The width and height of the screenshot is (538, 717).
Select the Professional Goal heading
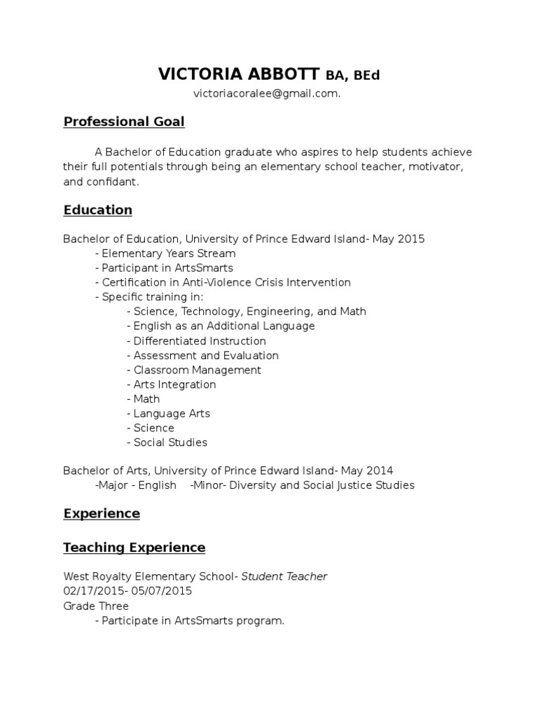coord(124,122)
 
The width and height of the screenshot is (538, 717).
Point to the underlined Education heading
coord(97,210)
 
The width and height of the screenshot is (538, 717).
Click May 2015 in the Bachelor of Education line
coord(399,239)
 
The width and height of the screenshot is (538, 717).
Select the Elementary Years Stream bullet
coord(168,253)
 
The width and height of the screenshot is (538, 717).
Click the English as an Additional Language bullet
coord(223,326)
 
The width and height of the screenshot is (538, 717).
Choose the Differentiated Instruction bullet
coord(200,341)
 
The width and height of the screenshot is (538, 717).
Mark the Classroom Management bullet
coord(197,370)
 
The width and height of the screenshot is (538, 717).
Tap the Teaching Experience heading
coord(134,548)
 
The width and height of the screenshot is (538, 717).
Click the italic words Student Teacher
coord(284,577)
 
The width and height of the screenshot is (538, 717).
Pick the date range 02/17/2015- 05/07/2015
coord(127,591)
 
